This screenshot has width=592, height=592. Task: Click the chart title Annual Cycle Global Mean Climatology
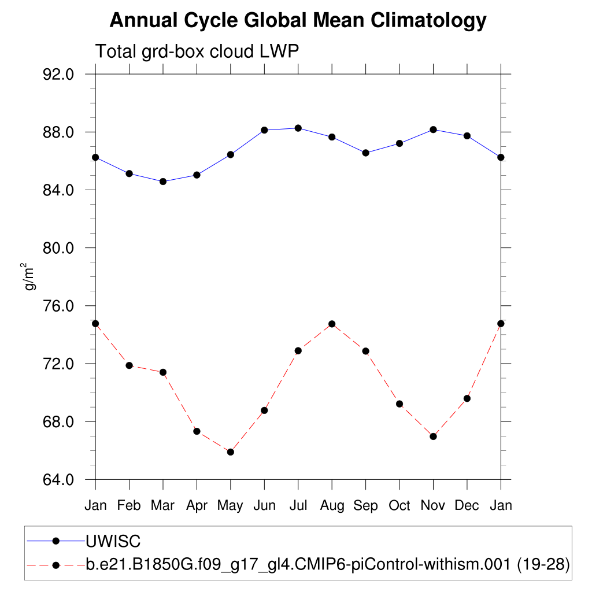[298, 21]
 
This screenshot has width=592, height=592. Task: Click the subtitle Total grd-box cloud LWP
[197, 51]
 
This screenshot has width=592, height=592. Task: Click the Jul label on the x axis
[298, 506]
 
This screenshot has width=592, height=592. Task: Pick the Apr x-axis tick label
[197, 506]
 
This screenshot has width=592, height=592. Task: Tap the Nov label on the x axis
[433, 506]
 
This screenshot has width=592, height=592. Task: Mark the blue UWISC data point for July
[298, 128]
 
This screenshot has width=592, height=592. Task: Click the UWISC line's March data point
[163, 182]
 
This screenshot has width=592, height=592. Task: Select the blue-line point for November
[433, 129]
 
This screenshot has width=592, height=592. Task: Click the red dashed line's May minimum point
[231, 452]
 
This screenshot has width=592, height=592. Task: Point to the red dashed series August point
[332, 324]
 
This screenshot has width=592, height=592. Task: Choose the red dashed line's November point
[433, 436]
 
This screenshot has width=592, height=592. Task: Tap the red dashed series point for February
[129, 365]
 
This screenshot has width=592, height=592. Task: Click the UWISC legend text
[113, 541]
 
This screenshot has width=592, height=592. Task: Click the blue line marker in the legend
[56, 541]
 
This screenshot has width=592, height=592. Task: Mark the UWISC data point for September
[365, 153]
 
